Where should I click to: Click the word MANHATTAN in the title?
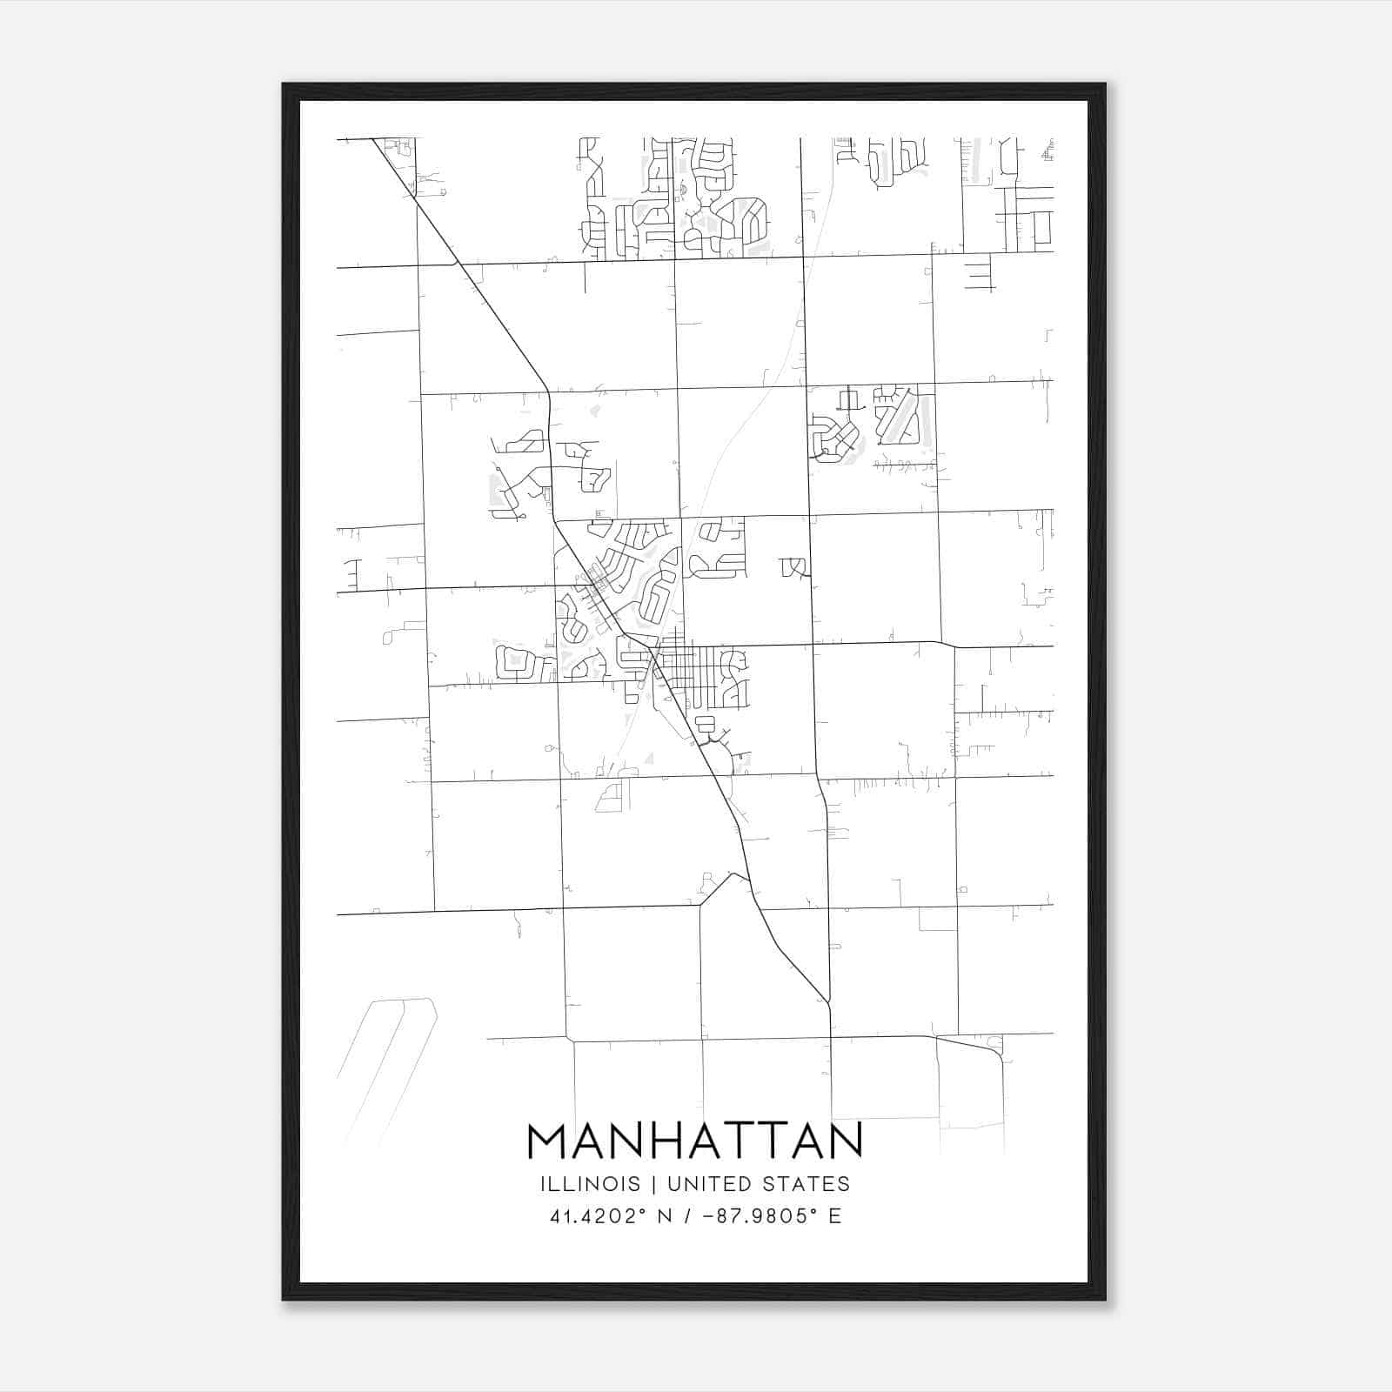694,1141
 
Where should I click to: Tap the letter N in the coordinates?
666,1216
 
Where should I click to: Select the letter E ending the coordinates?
835,1216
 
